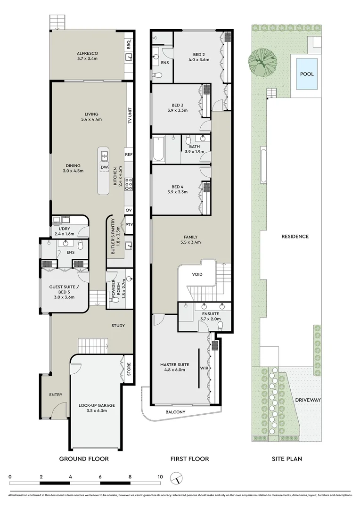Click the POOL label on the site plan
(x=307, y=74)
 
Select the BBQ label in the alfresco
(x=129, y=44)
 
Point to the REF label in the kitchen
(x=128, y=154)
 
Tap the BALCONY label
(x=175, y=412)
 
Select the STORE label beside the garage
(x=129, y=370)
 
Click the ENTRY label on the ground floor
(x=56, y=395)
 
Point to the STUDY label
(x=118, y=326)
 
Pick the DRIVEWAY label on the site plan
(x=308, y=400)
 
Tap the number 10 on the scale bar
(x=160, y=476)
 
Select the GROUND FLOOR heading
(x=84, y=459)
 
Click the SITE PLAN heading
(x=286, y=459)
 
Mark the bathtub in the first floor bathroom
(x=158, y=149)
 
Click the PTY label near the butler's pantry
(x=129, y=225)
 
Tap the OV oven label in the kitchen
(x=128, y=210)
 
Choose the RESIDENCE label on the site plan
(x=295, y=237)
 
